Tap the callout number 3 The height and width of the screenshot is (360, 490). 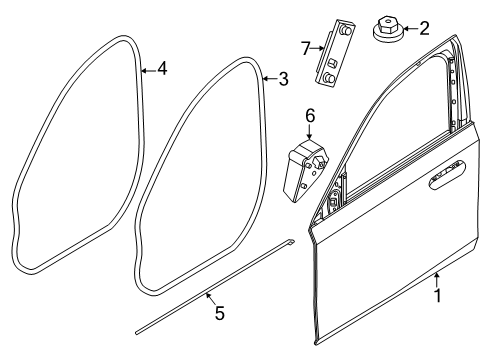283,77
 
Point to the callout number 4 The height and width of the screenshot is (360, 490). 161,69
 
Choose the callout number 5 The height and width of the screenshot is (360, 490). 219,314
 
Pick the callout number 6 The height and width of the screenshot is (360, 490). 310,116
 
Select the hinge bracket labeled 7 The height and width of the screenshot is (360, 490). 336,51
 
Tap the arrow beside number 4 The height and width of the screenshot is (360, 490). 148,69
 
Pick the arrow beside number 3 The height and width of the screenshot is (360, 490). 269,77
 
